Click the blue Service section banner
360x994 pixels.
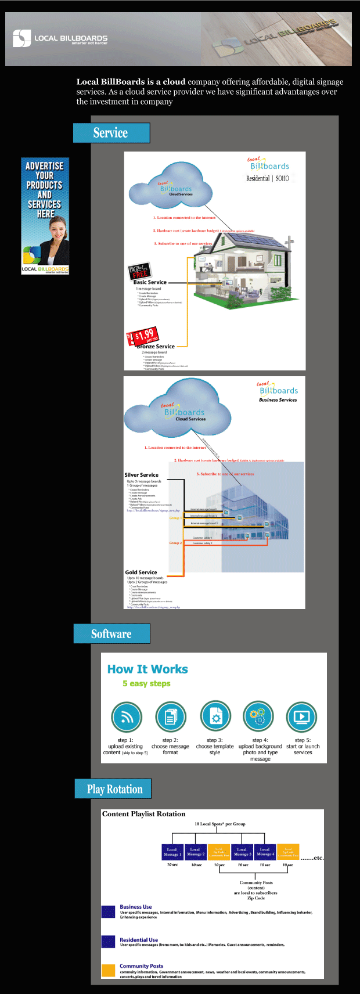[x=111, y=133]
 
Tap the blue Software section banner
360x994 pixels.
[x=111, y=633]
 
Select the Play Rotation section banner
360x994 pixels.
[x=113, y=789]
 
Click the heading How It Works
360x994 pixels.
[x=147, y=669]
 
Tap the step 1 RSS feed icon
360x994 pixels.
[x=126, y=718]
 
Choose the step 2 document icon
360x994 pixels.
[x=171, y=718]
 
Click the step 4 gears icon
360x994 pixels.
[x=258, y=718]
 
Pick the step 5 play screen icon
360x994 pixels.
[x=302, y=718]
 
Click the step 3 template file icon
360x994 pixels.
[x=215, y=718]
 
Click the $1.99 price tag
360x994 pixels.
[x=143, y=336]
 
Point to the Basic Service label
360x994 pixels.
[x=150, y=282]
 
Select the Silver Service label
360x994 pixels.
[x=141, y=475]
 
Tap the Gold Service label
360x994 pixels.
[x=141, y=572]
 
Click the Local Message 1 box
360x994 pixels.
[x=172, y=852]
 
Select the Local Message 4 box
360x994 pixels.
[x=265, y=852]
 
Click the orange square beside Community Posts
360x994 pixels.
[x=108, y=970]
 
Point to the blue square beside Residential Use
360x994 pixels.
[x=108, y=942]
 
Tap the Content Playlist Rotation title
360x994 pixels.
[x=143, y=814]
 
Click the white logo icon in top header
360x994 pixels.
[x=21, y=38]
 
